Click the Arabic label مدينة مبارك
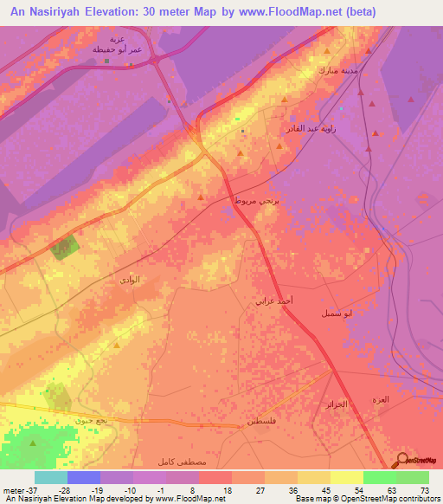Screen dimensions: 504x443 337,70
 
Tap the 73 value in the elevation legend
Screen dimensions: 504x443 425,490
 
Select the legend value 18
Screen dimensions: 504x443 228,490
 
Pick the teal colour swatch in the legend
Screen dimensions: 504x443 51,477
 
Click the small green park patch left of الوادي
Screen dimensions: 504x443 62,249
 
